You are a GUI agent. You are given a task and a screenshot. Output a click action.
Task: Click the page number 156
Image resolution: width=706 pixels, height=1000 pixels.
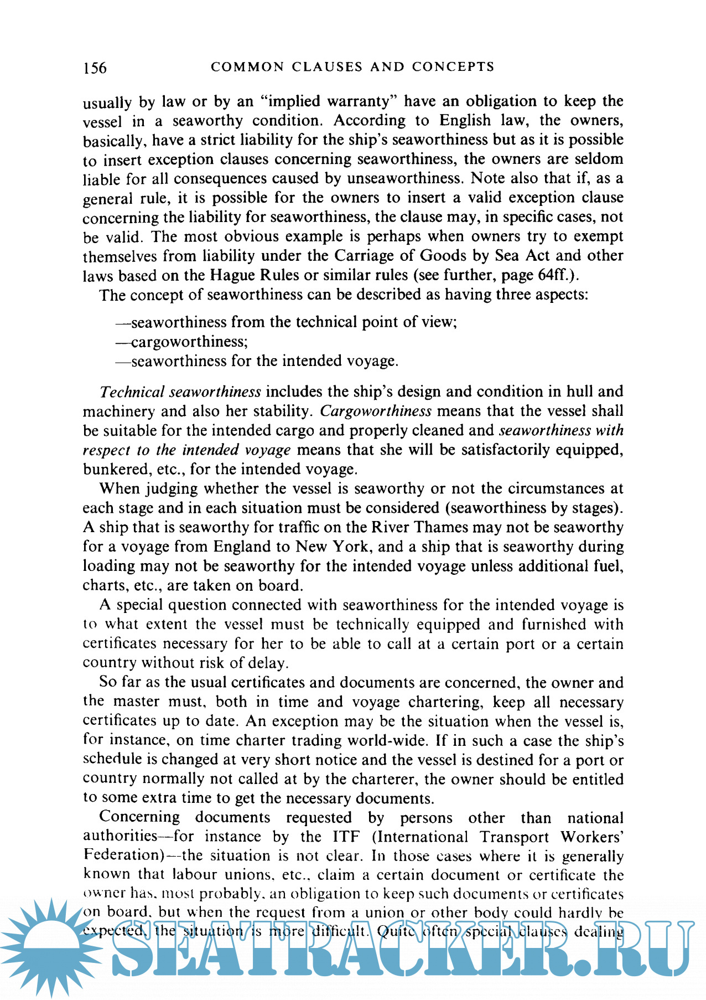coord(95,68)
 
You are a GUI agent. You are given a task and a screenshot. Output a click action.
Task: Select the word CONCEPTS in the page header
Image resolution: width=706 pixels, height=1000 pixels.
coord(453,67)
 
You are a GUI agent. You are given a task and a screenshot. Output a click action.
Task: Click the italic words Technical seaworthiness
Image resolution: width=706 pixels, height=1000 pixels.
coord(180,392)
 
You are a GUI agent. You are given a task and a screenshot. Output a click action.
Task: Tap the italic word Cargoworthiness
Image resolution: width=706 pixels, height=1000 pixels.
coord(376,411)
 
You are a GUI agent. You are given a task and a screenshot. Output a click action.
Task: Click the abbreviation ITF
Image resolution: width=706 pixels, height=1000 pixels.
coord(346,837)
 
